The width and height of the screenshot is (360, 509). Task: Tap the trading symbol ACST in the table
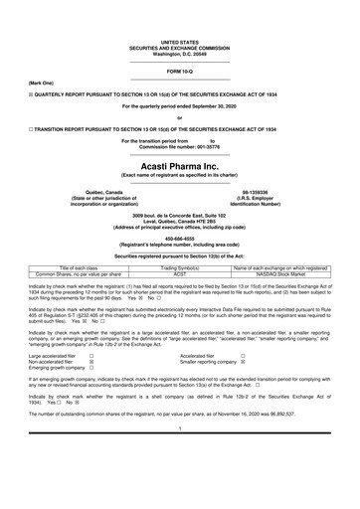[x=181, y=273]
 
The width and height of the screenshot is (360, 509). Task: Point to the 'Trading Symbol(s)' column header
[x=181, y=267]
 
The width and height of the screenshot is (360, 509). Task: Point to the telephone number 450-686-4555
[x=180, y=238]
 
